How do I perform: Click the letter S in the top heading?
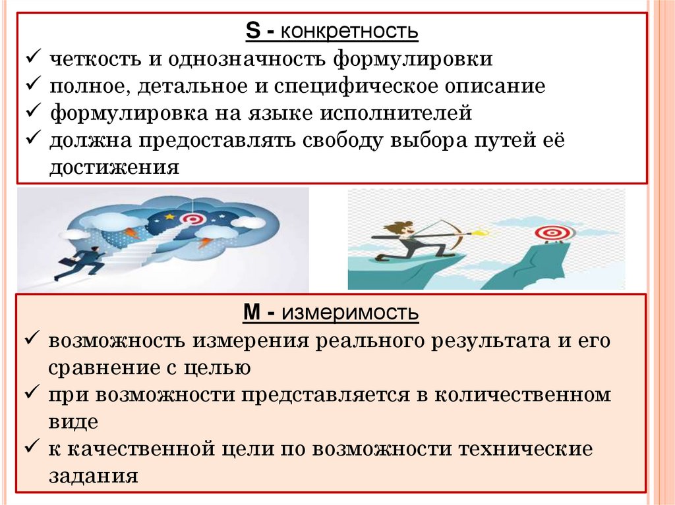tap(252, 31)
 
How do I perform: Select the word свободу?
tap(355, 140)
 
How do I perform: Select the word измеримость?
tap(351, 313)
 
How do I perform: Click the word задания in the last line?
tap(93, 476)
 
